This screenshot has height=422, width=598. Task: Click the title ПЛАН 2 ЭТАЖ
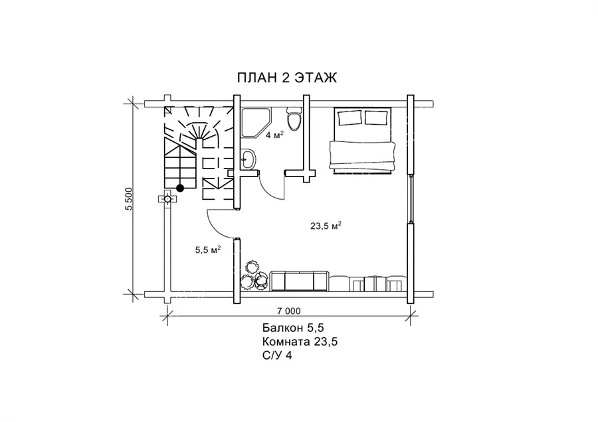(287, 78)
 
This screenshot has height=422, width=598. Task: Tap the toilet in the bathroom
(294, 119)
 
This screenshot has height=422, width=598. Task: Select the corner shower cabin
(256, 123)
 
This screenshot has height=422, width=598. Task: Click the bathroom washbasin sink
(249, 159)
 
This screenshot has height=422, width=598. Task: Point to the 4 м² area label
(274, 135)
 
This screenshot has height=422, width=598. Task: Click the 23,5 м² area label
(326, 226)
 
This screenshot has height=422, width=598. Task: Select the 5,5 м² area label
(208, 250)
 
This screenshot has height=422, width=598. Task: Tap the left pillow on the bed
(349, 117)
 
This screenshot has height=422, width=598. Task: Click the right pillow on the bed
(377, 117)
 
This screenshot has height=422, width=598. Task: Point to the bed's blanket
(362, 156)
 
